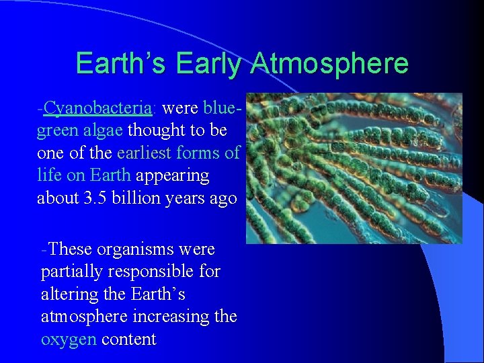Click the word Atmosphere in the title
(x=329, y=63)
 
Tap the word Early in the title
(x=208, y=63)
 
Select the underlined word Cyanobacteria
(x=97, y=108)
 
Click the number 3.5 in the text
(x=95, y=198)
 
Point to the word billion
(x=136, y=197)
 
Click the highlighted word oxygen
(x=69, y=340)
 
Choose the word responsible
(x=151, y=272)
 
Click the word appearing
(x=173, y=176)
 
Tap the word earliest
(x=144, y=153)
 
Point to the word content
(x=129, y=339)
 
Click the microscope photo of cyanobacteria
(x=354, y=168)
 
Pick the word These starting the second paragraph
(x=70, y=249)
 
